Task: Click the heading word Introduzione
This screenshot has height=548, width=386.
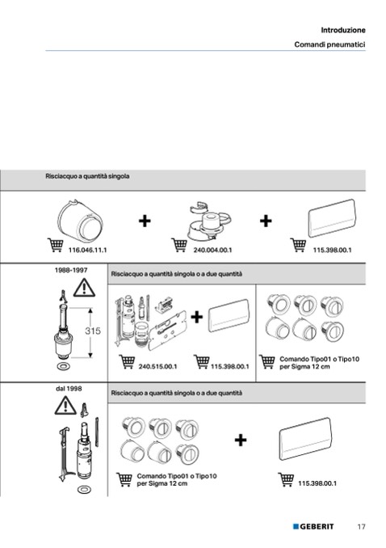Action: (x=343, y=30)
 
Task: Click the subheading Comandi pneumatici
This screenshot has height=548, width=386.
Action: (x=329, y=44)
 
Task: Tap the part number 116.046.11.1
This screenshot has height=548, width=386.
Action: (x=87, y=251)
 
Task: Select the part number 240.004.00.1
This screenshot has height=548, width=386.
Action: (x=212, y=251)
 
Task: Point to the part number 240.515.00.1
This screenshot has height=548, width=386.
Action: (x=157, y=367)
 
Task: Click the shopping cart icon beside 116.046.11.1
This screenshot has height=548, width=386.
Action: (x=55, y=245)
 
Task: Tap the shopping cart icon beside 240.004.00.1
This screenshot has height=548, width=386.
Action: (x=179, y=245)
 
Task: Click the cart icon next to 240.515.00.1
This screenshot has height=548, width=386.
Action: (x=127, y=362)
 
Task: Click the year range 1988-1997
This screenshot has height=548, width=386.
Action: (x=71, y=270)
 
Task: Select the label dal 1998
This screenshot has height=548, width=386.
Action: (x=69, y=389)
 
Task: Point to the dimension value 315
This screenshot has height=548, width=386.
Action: (x=93, y=331)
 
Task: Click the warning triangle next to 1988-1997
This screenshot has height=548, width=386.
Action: (x=84, y=288)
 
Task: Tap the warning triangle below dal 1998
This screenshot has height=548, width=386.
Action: (x=65, y=406)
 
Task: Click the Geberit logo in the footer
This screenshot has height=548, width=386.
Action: (x=313, y=526)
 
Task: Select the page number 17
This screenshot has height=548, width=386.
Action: (x=361, y=526)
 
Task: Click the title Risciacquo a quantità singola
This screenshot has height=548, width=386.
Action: (x=87, y=176)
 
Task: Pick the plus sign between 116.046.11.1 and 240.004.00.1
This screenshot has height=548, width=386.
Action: (x=145, y=221)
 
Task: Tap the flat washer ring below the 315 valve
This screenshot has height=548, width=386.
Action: (x=63, y=366)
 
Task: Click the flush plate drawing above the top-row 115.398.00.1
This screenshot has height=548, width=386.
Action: (x=332, y=218)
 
